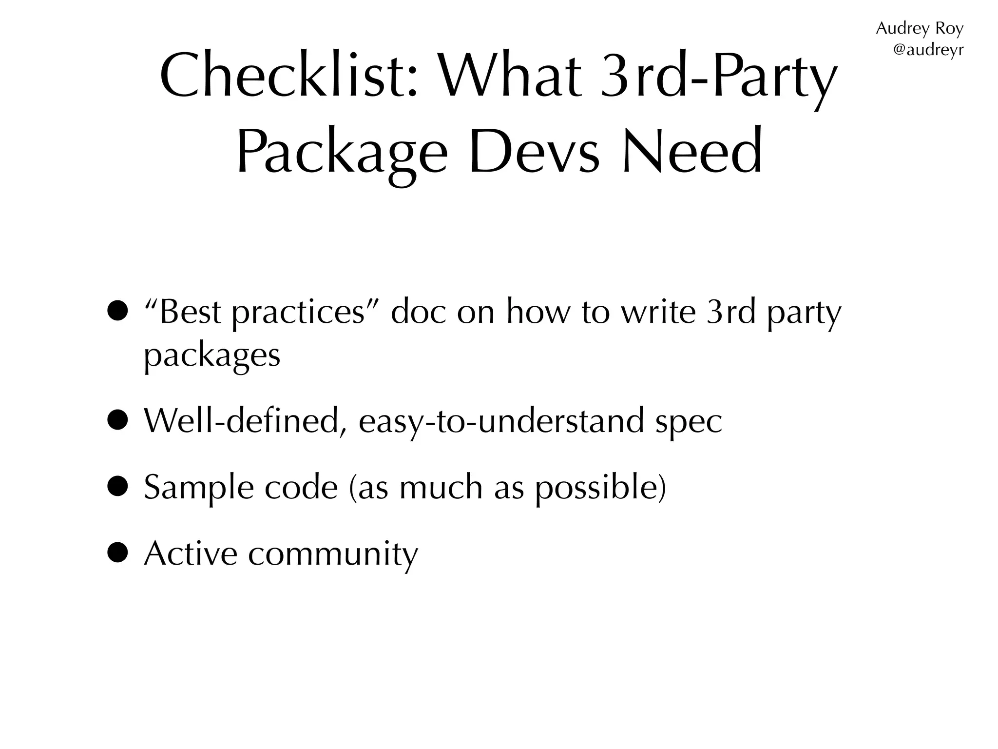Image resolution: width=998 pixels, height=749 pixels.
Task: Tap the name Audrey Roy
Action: coord(919,29)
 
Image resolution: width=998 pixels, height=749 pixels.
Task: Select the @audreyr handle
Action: coord(928,50)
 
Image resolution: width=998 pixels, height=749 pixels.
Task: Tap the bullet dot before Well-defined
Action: coord(118,420)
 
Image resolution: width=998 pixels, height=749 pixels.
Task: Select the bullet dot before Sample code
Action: coord(118,487)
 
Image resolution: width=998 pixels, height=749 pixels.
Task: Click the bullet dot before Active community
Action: coord(118,553)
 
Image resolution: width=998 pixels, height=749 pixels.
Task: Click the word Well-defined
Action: coord(241,420)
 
